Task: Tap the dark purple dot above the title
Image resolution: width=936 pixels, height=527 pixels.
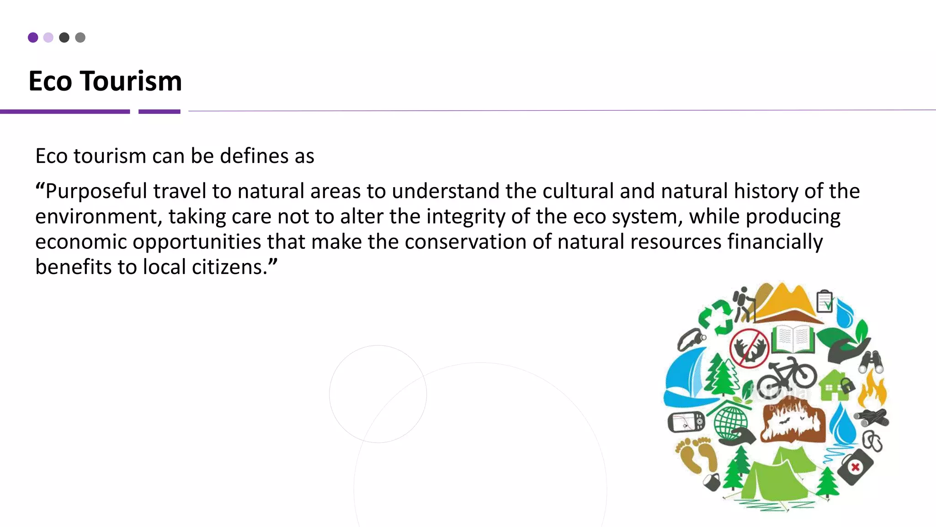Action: tap(33, 38)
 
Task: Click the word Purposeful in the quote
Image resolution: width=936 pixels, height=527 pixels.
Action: tap(96, 191)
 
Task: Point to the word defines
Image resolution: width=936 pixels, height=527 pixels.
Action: tap(254, 156)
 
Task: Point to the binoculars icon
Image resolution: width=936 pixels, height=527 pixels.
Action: tap(872, 362)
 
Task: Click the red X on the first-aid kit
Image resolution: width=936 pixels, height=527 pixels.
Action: tap(855, 467)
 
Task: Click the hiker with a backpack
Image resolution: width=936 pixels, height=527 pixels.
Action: tap(744, 304)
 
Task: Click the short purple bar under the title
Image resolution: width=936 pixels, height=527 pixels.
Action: tap(159, 112)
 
